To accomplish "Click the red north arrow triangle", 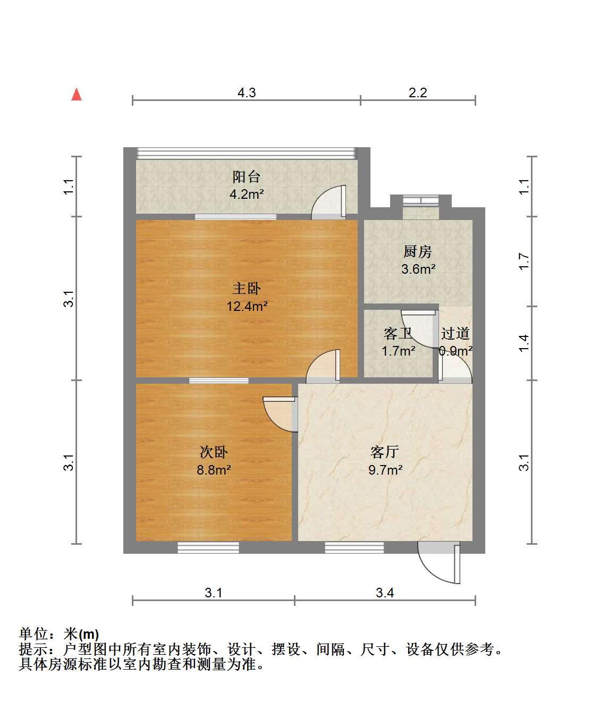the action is click(77, 95).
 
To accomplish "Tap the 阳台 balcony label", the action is click(246, 177).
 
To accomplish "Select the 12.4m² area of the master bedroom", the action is click(247, 306).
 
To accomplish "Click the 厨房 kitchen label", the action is click(418, 252).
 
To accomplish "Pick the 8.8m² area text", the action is click(214, 470).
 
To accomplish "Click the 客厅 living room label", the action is click(385, 452).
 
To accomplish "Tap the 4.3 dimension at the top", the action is click(247, 92).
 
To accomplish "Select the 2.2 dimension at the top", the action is click(418, 92).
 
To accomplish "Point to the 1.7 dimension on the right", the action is click(524, 261).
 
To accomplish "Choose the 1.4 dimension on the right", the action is click(524, 343).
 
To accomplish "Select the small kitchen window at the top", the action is click(420, 200).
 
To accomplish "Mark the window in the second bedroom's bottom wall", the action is click(208, 547).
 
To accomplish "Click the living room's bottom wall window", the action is click(354, 547).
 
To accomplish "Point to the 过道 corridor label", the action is click(455, 333).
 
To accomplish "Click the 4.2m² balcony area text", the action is click(247, 195).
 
